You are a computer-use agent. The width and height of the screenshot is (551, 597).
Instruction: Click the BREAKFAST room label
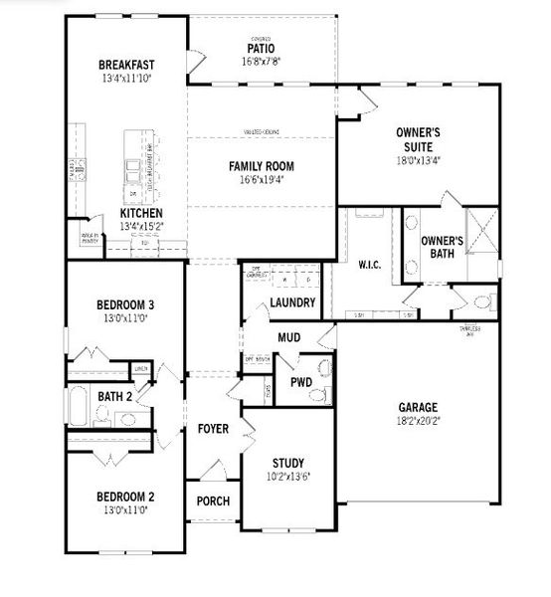click(x=126, y=65)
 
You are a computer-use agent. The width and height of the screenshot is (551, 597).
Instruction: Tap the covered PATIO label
click(x=261, y=48)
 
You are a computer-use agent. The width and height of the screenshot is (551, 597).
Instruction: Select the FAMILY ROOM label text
click(x=262, y=166)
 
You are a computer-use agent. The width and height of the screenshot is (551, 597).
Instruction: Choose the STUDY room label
click(x=287, y=463)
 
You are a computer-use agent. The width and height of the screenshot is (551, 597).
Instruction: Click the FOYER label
click(x=213, y=429)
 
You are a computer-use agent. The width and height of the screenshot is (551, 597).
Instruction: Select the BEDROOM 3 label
click(x=124, y=304)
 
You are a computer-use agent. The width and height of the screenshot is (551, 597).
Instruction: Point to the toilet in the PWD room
click(x=318, y=395)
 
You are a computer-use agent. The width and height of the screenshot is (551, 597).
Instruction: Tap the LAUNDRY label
click(x=292, y=302)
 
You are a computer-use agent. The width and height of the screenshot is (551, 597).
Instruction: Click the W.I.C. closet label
click(x=370, y=265)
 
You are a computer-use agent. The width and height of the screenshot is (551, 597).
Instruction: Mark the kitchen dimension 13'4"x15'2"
click(x=138, y=227)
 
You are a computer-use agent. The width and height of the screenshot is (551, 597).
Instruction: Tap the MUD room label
click(x=288, y=338)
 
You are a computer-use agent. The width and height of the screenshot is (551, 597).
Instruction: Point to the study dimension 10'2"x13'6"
click(x=287, y=476)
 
